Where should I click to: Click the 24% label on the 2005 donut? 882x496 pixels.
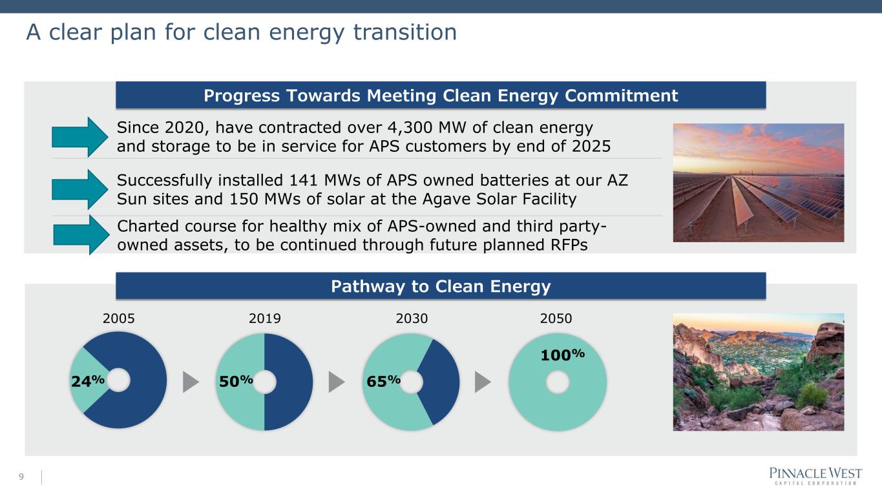[87, 381]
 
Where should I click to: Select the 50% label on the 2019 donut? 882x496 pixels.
[236, 381]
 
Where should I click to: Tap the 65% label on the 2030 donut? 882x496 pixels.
[384, 381]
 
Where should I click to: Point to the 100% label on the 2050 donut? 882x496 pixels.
[562, 355]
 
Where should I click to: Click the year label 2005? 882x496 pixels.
[118, 318]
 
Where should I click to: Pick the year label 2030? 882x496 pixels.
[412, 318]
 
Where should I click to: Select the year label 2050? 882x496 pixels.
[556, 318]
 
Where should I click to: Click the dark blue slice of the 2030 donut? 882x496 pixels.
[441, 382]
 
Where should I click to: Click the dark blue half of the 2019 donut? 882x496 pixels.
[289, 382]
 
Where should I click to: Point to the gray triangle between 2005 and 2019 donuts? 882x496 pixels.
[190, 382]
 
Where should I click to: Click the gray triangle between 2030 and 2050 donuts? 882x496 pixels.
[482, 382]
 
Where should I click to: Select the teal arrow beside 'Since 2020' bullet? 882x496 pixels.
[80, 137]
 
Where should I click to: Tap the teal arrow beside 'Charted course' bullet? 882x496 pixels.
[81, 235]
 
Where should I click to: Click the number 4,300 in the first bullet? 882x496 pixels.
[410, 128]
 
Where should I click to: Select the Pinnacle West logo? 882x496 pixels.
[815, 476]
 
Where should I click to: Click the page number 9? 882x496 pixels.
[21, 477]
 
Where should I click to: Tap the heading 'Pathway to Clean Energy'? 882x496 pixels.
[441, 287]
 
